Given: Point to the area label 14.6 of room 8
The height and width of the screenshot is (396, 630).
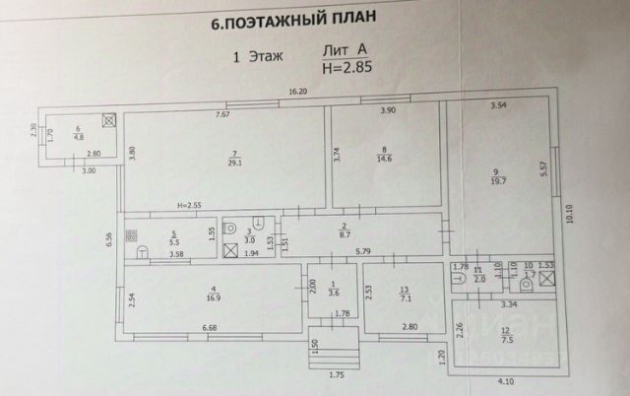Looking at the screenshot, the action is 385,159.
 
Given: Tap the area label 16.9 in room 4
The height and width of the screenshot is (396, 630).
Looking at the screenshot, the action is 212,294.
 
